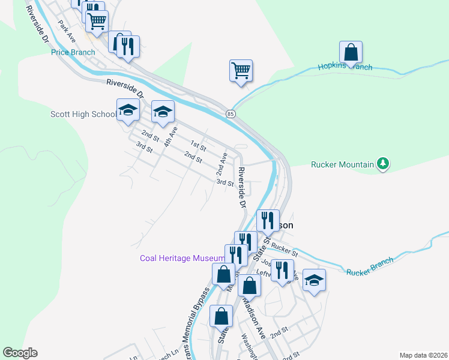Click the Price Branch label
73,52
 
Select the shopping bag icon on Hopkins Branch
351,53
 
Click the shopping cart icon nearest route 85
241,71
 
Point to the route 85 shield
231,113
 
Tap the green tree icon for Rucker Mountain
382,164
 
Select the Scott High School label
83,114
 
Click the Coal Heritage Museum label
182,258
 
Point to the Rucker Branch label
370,266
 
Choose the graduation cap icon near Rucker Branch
313,280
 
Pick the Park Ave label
66,32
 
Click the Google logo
20,353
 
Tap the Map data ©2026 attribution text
423,355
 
